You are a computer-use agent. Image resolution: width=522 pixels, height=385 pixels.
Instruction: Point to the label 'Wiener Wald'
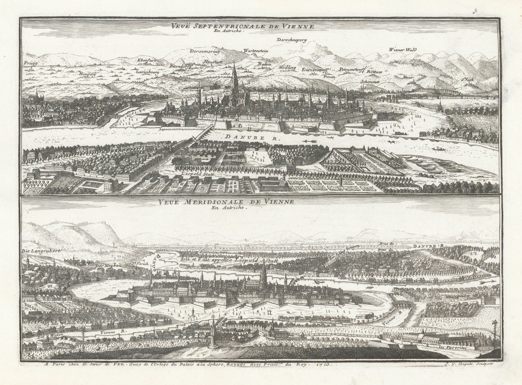[x=403, y=50]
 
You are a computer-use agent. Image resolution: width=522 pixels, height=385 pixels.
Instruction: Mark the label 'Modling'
[x=287, y=68]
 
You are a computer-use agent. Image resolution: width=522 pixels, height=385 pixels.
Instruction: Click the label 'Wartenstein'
[x=255, y=51]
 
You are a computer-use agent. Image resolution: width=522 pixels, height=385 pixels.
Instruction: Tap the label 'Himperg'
[x=87, y=74]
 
